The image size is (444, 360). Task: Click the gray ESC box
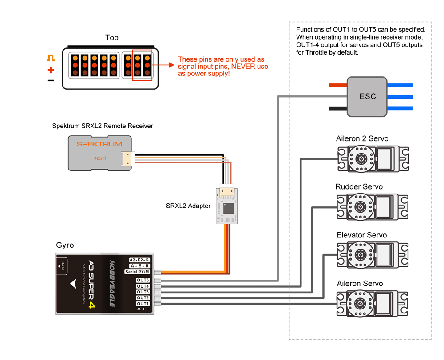(x=367, y=96)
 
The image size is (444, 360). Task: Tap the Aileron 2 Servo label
(x=362, y=139)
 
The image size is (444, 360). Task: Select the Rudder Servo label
(x=359, y=187)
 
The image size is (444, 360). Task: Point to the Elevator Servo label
(x=361, y=235)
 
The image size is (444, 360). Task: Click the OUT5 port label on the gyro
(x=143, y=281)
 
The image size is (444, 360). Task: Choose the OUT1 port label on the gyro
(x=143, y=304)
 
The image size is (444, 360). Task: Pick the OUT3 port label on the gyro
(x=143, y=292)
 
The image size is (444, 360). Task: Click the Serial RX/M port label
(x=138, y=272)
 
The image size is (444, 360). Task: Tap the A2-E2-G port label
(x=139, y=260)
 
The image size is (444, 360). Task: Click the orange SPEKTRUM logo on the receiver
(x=99, y=144)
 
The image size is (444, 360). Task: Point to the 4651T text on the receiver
(x=100, y=158)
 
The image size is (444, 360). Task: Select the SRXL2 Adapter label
(x=188, y=206)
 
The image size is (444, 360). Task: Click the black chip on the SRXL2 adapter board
(x=228, y=208)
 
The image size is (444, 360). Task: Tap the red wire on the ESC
(x=337, y=85)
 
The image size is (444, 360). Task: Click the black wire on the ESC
(x=337, y=108)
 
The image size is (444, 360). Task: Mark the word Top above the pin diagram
(x=112, y=38)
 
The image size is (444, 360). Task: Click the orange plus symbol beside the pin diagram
(x=51, y=70)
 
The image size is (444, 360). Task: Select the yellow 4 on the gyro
(x=92, y=305)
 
